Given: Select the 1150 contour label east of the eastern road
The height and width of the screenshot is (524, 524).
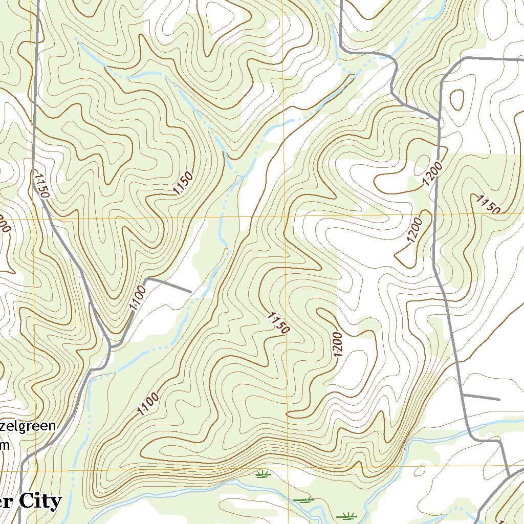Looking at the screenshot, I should pos(487,204).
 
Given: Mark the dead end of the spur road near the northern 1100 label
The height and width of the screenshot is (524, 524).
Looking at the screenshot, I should pos(191,292).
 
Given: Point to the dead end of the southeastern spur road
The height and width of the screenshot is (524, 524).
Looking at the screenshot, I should pos(499,399).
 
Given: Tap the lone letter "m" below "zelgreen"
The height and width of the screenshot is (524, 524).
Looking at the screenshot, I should pos(5,445).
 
